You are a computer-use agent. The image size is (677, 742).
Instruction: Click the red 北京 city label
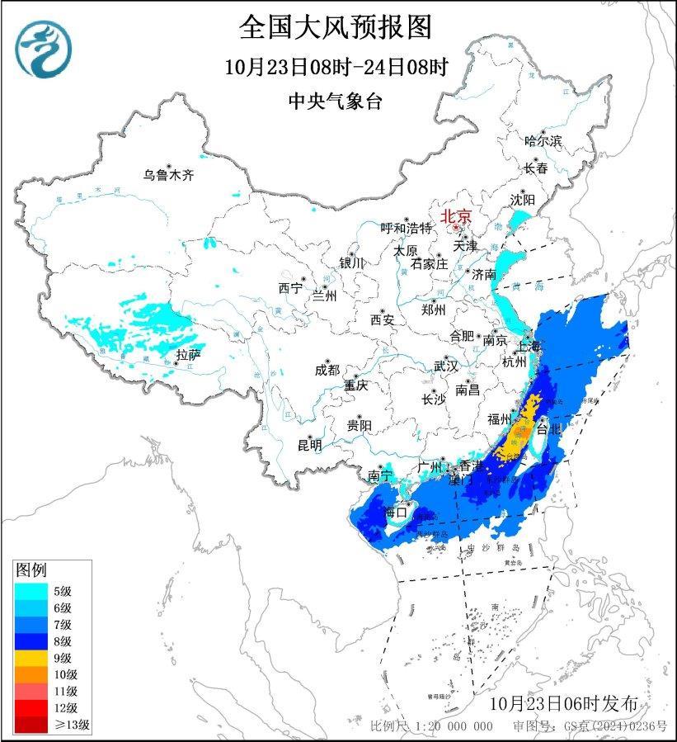[x=456, y=216]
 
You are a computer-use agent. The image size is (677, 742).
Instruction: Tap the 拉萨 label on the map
[x=188, y=355]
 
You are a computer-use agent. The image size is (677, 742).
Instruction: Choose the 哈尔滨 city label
[x=543, y=141]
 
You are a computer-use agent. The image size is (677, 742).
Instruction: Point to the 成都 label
[x=327, y=371]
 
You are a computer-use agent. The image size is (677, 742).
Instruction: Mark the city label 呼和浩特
[x=406, y=228]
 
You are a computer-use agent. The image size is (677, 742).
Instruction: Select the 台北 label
[x=548, y=429]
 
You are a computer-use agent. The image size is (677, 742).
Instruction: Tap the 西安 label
[x=383, y=319]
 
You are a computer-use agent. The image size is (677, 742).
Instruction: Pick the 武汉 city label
[x=446, y=366]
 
